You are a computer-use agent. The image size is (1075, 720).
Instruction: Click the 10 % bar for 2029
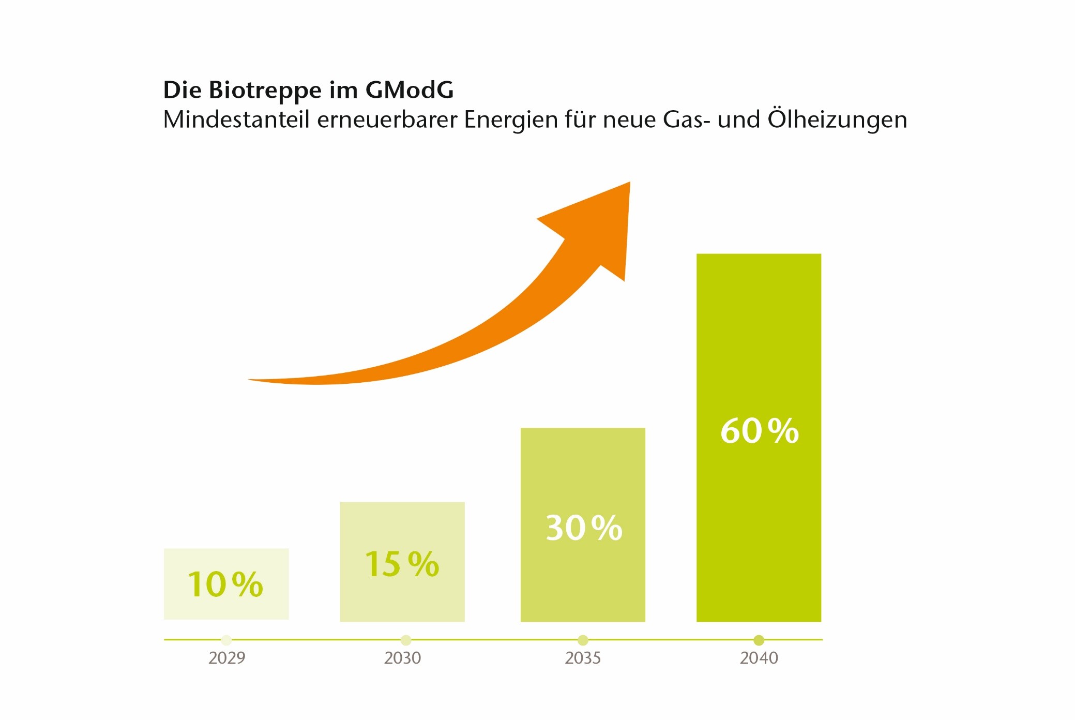pos(226,584)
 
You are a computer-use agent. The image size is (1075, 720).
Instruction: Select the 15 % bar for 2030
pos(402,562)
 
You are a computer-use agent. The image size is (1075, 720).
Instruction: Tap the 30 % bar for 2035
pos(583,524)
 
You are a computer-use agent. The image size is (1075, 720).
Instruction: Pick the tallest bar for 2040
pos(759,438)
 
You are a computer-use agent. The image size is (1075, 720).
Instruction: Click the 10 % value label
pos(225,584)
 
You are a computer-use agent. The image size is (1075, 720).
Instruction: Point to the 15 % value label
pos(402,564)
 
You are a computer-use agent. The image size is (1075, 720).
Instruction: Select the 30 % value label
pos(584,528)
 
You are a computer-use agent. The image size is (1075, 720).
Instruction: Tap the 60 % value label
pos(760,431)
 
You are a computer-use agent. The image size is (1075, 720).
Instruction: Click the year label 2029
pos(226,658)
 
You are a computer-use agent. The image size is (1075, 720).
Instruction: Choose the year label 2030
pos(402,658)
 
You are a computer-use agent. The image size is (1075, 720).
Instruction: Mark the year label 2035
pos(583,658)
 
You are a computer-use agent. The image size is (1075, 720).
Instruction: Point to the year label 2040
pos(759,658)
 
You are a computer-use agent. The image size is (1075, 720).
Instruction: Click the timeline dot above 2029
pos(226,640)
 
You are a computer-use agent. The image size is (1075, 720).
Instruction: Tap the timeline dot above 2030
pos(406,640)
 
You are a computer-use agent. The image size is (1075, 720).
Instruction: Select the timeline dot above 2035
pos(583,640)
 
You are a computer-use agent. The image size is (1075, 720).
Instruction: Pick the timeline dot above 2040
pos(759,640)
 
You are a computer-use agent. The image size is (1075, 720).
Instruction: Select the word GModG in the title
pos(410,90)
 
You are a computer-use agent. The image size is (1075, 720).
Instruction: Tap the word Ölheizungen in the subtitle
pos(837,119)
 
